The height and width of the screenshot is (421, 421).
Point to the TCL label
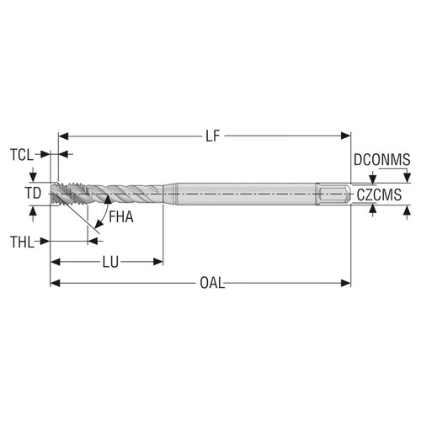(23, 155)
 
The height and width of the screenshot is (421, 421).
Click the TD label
(32, 194)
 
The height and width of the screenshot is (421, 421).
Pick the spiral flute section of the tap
(126, 194)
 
